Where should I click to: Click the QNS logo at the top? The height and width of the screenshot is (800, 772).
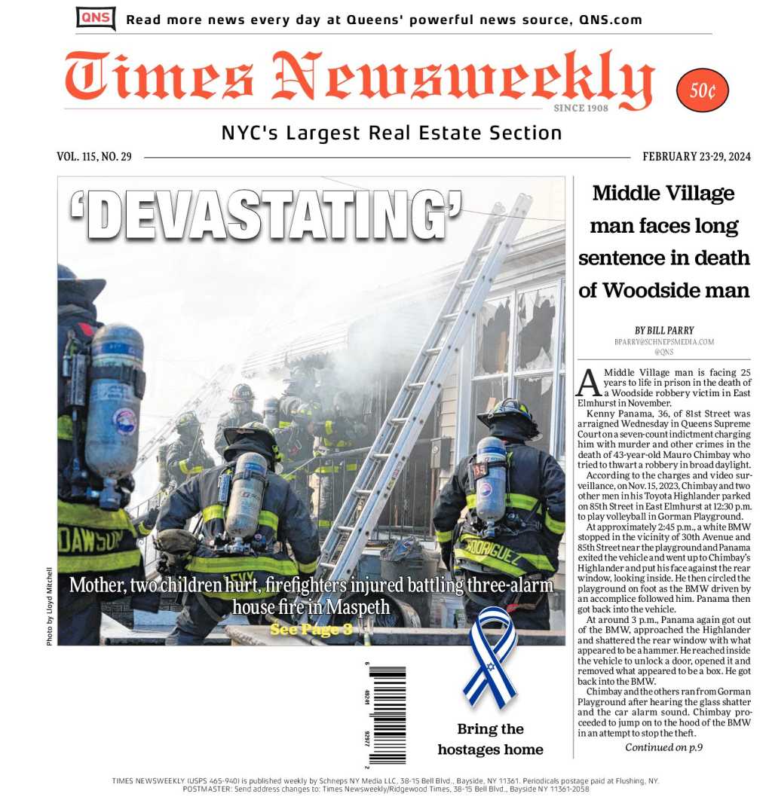pyautogui.click(x=96, y=18)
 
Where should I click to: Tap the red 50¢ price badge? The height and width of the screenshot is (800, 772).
pyautogui.click(x=703, y=90)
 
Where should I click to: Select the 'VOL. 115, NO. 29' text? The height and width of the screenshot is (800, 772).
pyautogui.click(x=94, y=157)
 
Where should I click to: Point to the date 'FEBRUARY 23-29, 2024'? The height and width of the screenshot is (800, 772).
pyautogui.click(x=697, y=157)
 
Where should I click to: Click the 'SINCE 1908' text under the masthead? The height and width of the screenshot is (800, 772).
pyautogui.click(x=581, y=108)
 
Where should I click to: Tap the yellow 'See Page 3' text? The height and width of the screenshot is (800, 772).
pyautogui.click(x=311, y=629)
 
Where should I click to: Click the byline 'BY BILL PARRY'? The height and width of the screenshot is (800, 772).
pyautogui.click(x=663, y=330)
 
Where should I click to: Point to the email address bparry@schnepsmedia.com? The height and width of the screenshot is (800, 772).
pyautogui.click(x=663, y=341)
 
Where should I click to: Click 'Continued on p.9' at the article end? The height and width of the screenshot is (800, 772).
pyautogui.click(x=663, y=747)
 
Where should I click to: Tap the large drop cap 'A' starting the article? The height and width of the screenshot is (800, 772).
pyautogui.click(x=588, y=382)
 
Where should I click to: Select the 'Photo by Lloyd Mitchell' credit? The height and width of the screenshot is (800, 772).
pyautogui.click(x=50, y=606)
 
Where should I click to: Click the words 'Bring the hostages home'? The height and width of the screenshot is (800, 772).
pyautogui.click(x=490, y=739)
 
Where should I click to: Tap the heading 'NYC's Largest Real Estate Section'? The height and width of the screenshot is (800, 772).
pyautogui.click(x=391, y=133)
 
